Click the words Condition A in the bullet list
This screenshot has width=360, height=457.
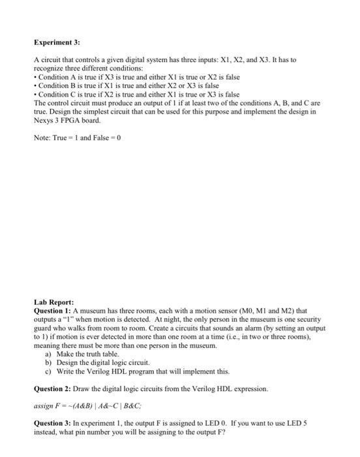coord(59,77)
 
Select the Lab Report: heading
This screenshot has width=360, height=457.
coord(54,303)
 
